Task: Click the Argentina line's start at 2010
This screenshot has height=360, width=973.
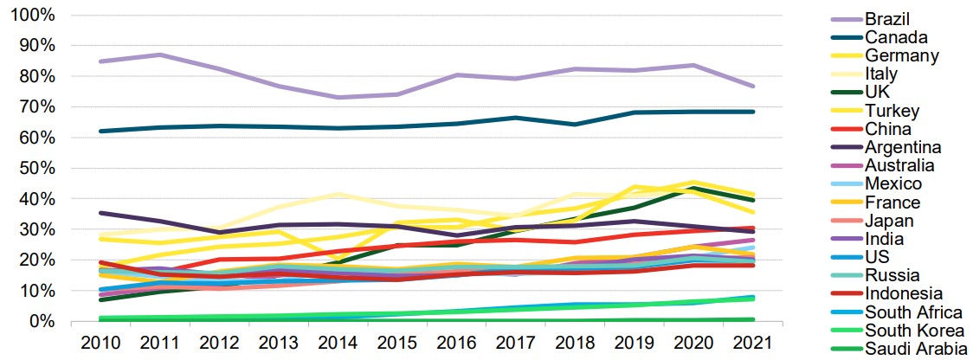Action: coord(100,213)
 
